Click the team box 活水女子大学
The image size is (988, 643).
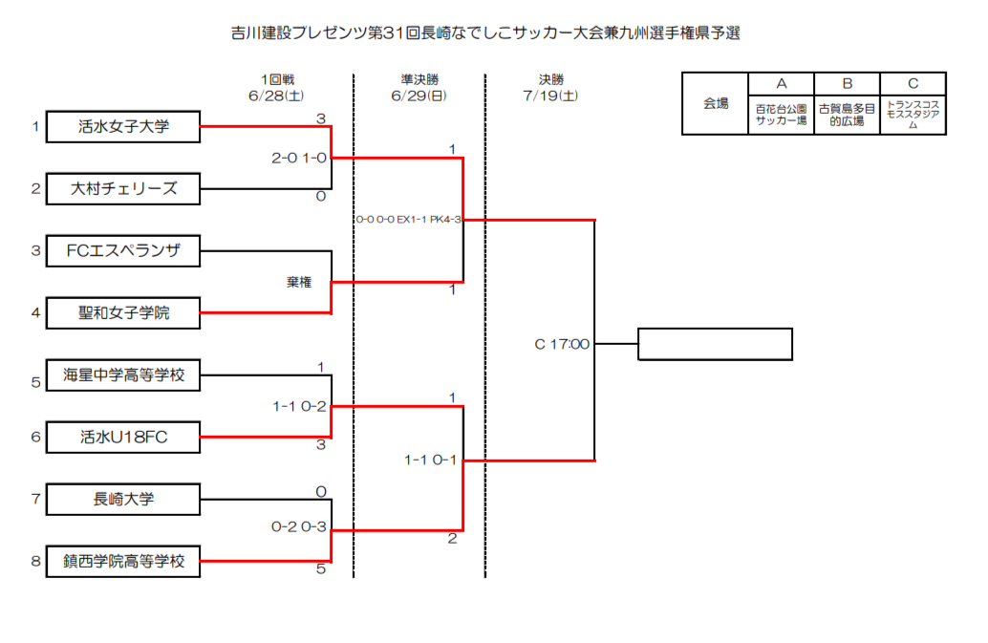[x=123, y=126]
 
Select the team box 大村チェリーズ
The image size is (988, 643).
[x=123, y=189]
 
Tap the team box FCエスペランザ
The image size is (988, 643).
[x=123, y=250]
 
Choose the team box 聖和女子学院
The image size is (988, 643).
[x=123, y=313]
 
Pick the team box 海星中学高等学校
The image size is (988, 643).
[x=123, y=375]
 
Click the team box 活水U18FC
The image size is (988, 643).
[x=123, y=437]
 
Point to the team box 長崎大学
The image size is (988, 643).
[x=123, y=500]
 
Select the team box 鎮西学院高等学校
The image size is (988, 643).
[x=123, y=561]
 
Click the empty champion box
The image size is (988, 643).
[x=715, y=344]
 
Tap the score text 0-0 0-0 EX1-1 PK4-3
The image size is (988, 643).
[x=408, y=219]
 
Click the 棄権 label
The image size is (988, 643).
[x=299, y=282]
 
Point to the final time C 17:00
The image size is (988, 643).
[x=562, y=344]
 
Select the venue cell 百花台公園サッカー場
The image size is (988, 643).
[x=782, y=115]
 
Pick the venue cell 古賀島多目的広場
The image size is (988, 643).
[x=847, y=115]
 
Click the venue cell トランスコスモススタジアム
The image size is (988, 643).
[x=913, y=115]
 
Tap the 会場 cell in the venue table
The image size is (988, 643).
[x=716, y=103]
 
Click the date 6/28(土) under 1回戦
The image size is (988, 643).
[x=276, y=96]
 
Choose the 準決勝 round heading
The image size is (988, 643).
[x=419, y=79]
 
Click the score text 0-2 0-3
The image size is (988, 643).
[x=299, y=526]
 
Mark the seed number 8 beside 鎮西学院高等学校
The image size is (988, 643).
[x=36, y=561]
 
